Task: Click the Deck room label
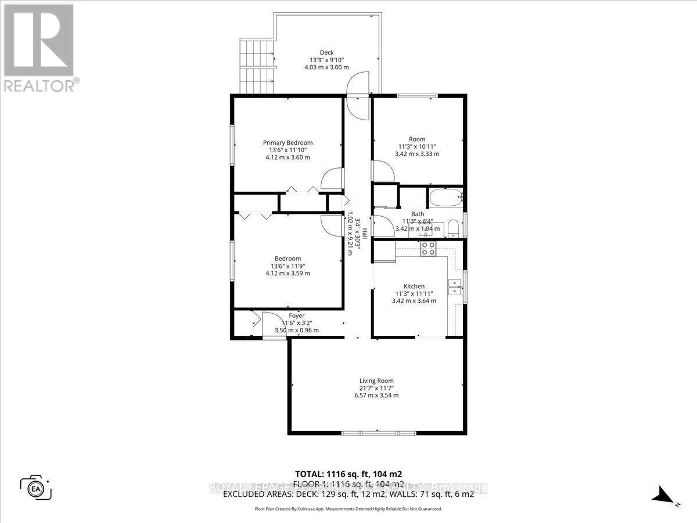(x=326, y=53)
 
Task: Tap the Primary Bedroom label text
(x=288, y=143)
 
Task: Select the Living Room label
(x=376, y=381)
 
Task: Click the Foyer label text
(x=297, y=316)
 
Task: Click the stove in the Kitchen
(x=429, y=249)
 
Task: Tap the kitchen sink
(x=454, y=285)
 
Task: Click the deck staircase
(x=256, y=67)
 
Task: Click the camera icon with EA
(x=35, y=488)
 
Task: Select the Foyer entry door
(x=269, y=323)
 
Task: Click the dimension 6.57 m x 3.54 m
(x=376, y=395)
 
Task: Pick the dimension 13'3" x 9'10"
(x=326, y=60)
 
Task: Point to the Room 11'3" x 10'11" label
(x=417, y=146)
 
